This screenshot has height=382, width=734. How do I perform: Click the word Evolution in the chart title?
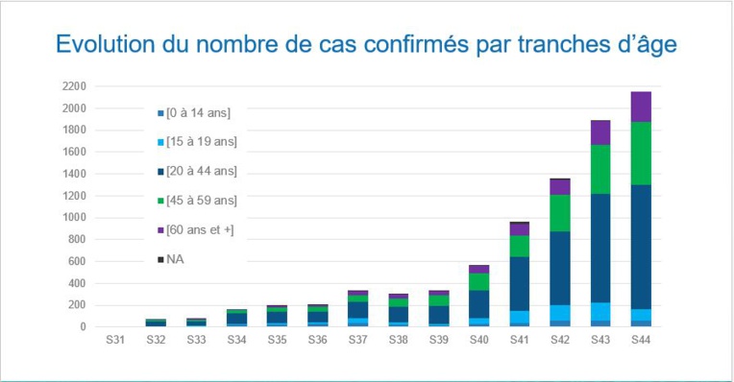[100, 45]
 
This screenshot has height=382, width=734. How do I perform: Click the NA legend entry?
[174, 259]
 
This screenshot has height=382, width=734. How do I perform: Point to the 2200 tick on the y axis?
[75, 86]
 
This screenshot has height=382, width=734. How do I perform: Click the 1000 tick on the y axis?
[75, 218]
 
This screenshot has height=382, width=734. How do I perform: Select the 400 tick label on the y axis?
[78, 283]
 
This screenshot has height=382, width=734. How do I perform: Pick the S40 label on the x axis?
[479, 340]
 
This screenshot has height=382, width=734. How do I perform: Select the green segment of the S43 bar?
[601, 169]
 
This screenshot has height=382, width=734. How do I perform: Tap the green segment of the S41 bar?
[520, 246]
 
